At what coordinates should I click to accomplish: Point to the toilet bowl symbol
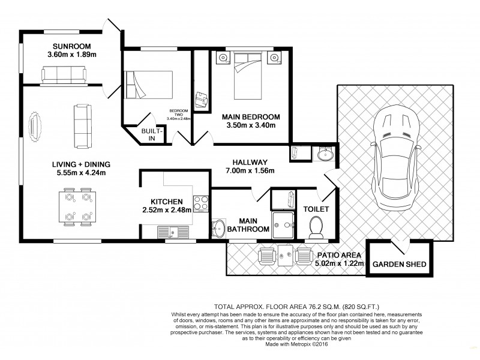[314, 227]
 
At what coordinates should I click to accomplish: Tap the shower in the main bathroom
[284, 224]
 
